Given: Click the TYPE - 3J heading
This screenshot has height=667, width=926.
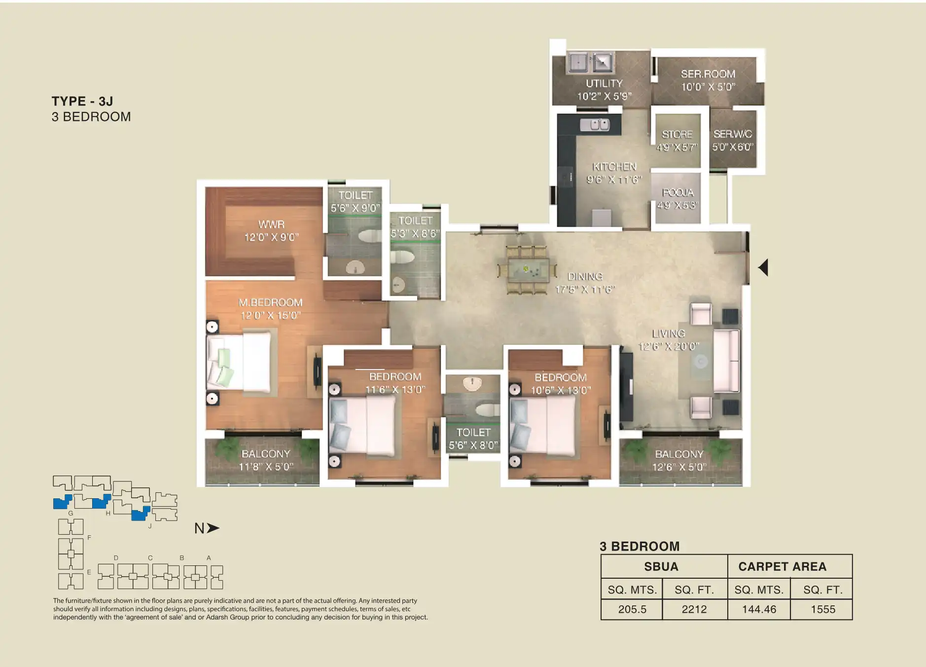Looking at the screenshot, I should pyautogui.click(x=82, y=101).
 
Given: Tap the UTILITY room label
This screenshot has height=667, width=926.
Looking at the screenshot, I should pyautogui.click(x=604, y=83).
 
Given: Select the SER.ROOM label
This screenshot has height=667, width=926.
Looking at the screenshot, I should pyautogui.click(x=708, y=74).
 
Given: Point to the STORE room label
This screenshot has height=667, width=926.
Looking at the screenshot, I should pyautogui.click(x=677, y=134).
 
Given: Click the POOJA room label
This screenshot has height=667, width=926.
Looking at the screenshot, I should pyautogui.click(x=677, y=192).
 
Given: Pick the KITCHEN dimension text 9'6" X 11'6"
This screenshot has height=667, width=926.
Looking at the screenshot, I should pyautogui.click(x=614, y=180).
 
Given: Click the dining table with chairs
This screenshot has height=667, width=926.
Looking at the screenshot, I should pyautogui.click(x=528, y=270).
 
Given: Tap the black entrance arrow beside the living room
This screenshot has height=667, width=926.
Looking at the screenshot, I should pyautogui.click(x=763, y=267).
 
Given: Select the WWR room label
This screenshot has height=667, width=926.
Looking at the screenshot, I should pyautogui.click(x=271, y=224).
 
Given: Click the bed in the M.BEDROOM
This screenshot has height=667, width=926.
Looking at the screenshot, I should pyautogui.click(x=240, y=363).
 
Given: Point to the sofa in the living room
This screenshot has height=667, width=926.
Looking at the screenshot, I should pyautogui.click(x=726, y=361).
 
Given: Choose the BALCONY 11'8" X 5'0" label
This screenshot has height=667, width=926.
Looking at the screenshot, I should pyautogui.click(x=266, y=460).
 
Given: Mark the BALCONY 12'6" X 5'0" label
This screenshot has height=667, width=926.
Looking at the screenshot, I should pyautogui.click(x=679, y=460).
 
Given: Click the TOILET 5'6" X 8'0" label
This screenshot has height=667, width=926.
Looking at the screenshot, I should pyautogui.click(x=473, y=439).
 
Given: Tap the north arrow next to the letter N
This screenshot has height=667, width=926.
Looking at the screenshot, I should pyautogui.click(x=213, y=528).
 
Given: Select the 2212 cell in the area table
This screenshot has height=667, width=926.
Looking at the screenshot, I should pyautogui.click(x=694, y=609).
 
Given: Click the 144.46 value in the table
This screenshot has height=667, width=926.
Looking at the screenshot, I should pyautogui.click(x=759, y=609).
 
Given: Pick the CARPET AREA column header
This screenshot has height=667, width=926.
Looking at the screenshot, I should pyautogui.click(x=782, y=566).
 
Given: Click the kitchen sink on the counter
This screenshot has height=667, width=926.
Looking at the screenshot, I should pyautogui.click(x=595, y=125).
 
